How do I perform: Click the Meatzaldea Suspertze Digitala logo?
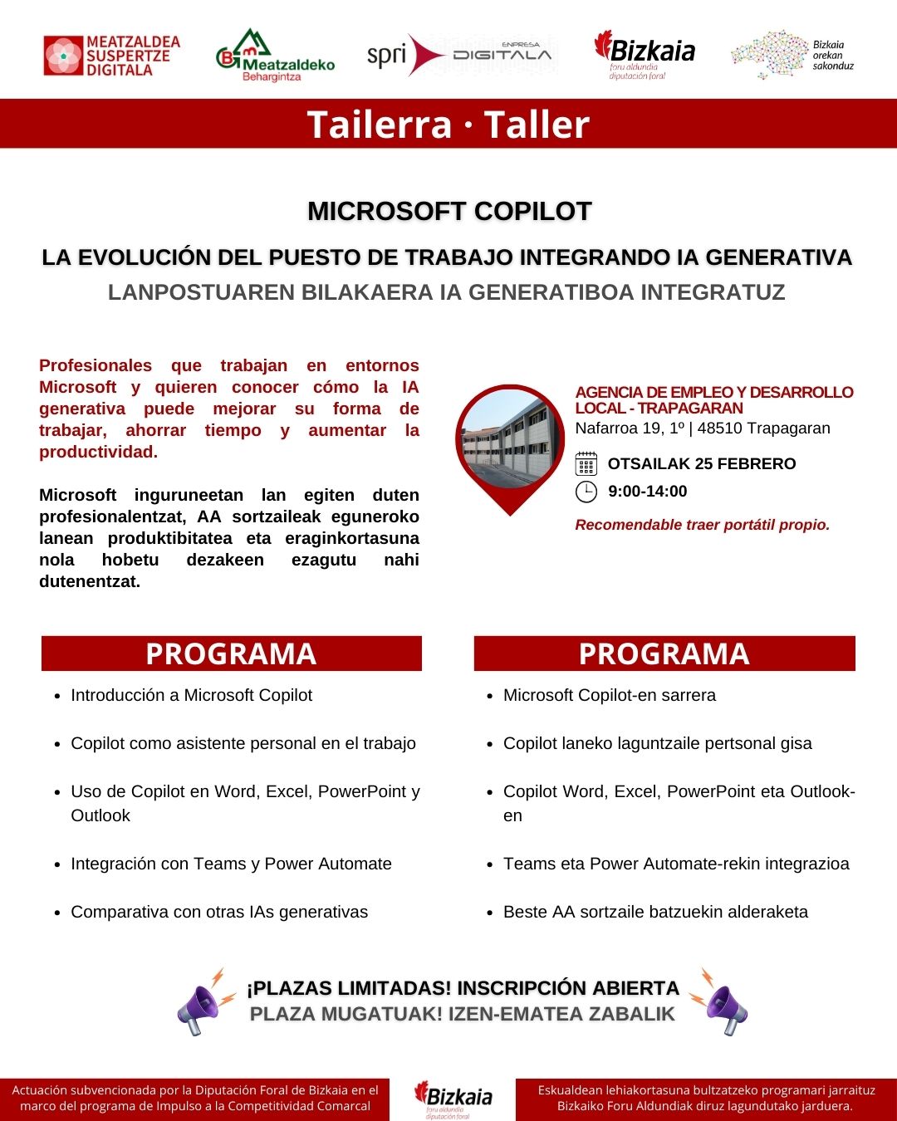(111, 56)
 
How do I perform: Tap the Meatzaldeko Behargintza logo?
(275, 56)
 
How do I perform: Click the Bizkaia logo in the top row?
(645, 55)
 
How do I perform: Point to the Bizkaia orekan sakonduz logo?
(792, 55)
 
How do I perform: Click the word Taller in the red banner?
(537, 125)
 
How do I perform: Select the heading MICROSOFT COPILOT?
(449, 211)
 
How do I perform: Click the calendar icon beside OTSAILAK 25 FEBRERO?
(586, 463)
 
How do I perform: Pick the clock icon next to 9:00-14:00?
(586, 492)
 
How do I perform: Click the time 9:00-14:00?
(648, 492)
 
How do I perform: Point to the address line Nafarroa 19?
(703, 428)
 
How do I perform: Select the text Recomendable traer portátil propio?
(703, 525)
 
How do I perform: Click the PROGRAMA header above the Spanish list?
(232, 654)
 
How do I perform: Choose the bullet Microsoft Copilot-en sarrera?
(609, 695)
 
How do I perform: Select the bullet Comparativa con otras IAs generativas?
(219, 912)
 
